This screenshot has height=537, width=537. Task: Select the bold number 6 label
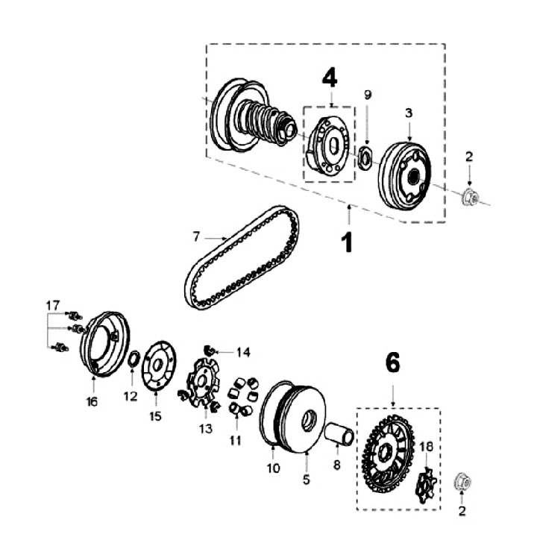pos(392,362)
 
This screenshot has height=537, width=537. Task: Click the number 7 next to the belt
pos(196,236)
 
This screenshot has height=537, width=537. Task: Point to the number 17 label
pos(52,305)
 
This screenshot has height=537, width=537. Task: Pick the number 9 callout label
pos(367,95)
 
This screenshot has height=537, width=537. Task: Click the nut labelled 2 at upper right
pos(471,198)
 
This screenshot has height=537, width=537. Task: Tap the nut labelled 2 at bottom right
pos(463,483)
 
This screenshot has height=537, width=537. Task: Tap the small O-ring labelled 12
pos(131,361)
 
